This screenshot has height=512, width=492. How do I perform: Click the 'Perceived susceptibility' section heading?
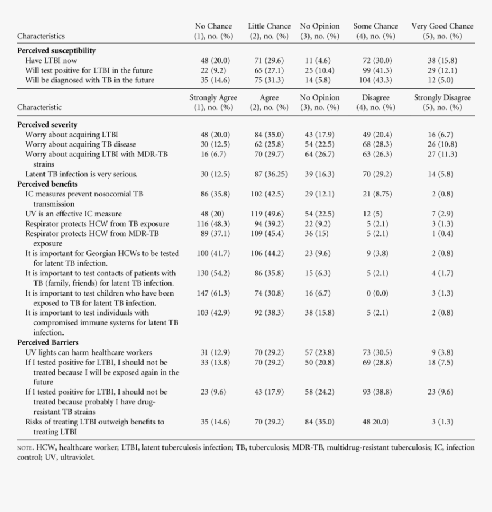pos(56,50)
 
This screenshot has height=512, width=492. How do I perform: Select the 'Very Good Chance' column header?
pos(442,26)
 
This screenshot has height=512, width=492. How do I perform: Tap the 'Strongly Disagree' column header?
pos(442,98)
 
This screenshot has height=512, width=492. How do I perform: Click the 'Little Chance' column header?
pos(269,26)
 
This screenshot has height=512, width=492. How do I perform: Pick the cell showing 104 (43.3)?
pos(375,80)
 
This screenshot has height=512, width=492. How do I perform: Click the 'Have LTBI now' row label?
pos(51,60)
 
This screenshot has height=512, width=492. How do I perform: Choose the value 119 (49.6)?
pos(269,214)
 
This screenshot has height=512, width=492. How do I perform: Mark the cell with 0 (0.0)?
pos(375,293)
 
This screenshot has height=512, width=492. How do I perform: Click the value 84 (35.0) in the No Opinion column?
pos(320,422)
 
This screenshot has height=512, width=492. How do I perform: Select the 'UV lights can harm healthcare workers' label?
pos(89,352)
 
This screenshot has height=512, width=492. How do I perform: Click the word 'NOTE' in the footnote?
pos(25,448)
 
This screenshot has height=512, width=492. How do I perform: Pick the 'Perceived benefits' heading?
pos(47,184)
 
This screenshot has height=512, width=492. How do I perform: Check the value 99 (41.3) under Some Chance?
pos(375,70)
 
